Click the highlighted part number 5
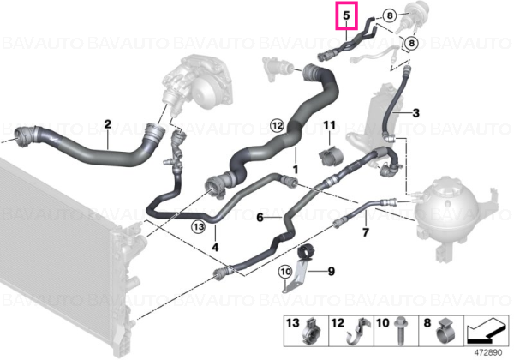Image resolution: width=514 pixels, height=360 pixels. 346,15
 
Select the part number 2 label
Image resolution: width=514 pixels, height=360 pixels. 108,124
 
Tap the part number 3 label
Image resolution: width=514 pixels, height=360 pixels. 415,113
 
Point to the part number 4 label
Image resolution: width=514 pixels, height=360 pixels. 215,247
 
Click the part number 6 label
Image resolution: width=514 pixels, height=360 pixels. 260,217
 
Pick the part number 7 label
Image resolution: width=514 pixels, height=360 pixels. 366,232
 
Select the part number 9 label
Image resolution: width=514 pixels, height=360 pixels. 331,272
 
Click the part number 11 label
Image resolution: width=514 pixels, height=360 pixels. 330,125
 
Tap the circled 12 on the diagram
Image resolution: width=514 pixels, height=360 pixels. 277,125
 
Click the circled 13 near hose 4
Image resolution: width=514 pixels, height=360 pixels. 199,226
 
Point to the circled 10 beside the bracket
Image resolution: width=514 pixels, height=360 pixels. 285,272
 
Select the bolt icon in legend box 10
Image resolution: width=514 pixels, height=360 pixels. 400,331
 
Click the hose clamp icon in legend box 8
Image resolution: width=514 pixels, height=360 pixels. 445,332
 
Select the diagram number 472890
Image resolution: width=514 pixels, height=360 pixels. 488,353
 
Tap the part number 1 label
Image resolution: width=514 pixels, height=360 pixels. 296,170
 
